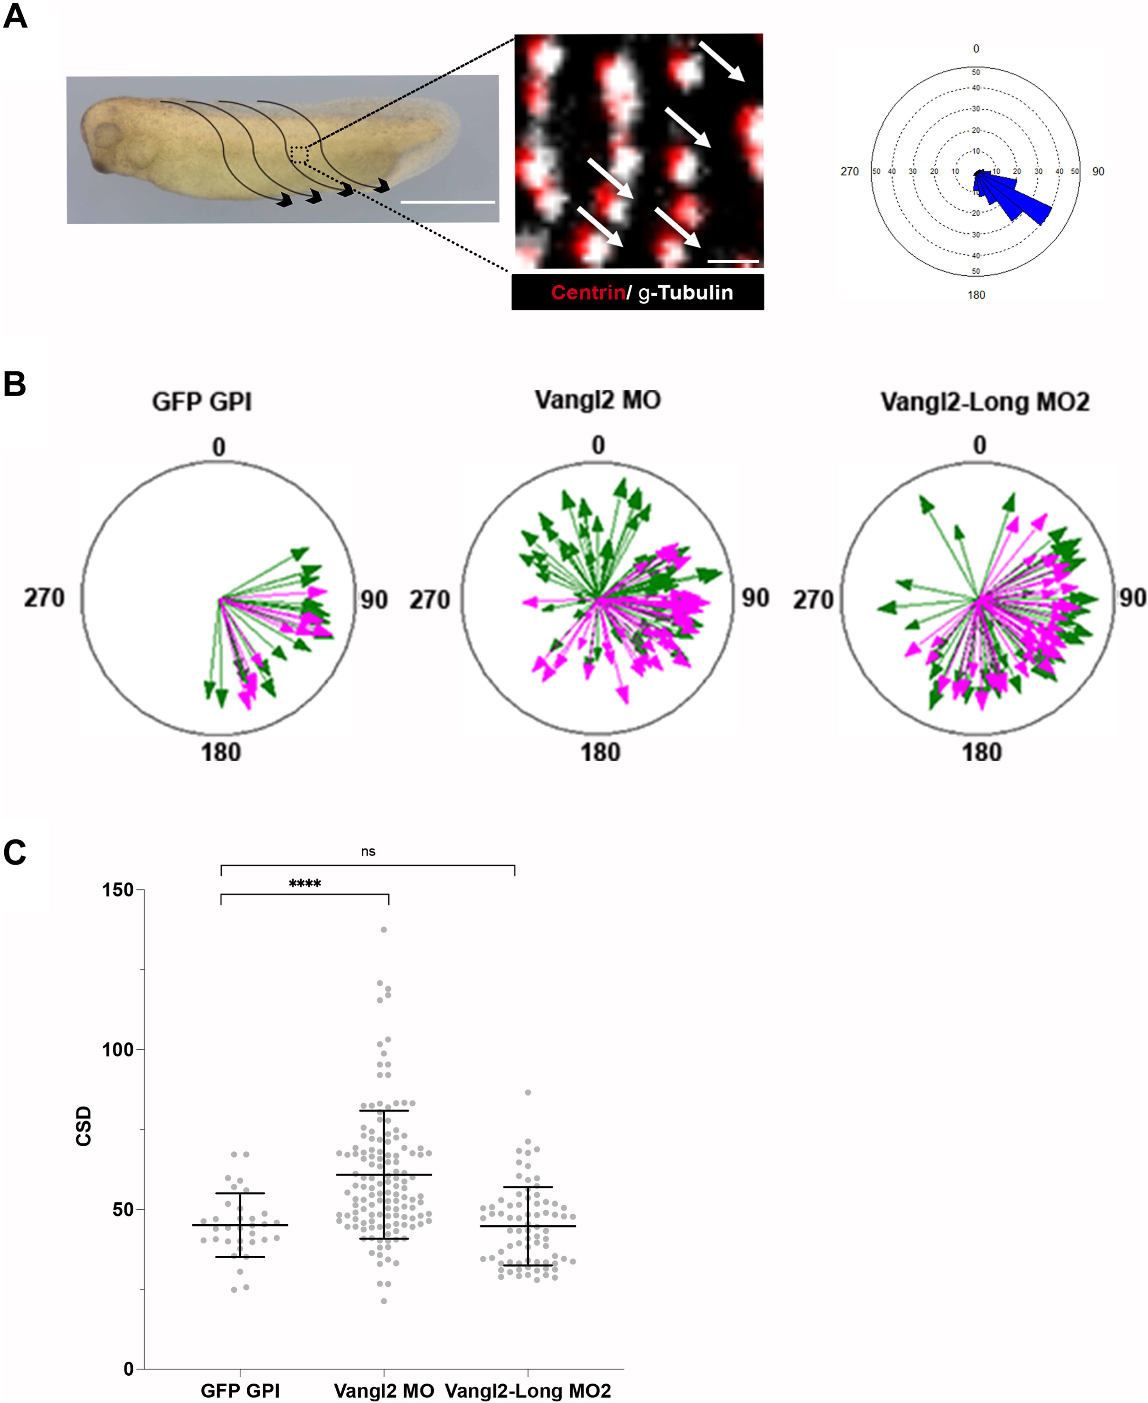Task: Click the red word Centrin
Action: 588,292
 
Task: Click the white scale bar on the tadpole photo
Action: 448,202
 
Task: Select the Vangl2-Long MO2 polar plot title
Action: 985,402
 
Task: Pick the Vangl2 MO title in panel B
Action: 597,400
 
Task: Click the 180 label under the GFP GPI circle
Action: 221,752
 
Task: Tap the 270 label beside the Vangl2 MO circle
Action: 430,599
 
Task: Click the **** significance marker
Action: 305,884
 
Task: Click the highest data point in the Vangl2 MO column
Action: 384,929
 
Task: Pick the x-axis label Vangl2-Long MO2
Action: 528,1391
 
